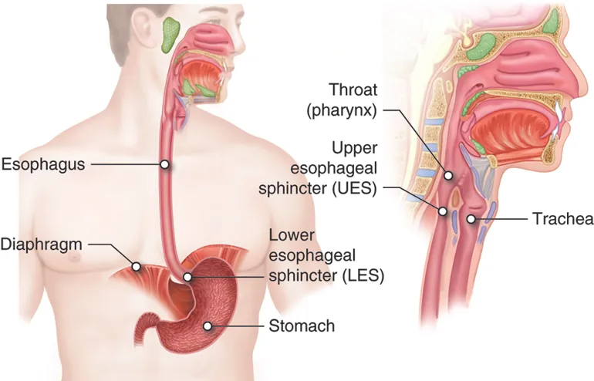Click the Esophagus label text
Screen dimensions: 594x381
[x=43, y=165]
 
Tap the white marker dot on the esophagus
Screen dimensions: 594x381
[x=164, y=164]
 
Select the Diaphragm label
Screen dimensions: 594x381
[x=42, y=244]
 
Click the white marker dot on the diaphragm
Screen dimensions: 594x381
[x=136, y=267]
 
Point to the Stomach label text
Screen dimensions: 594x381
[x=302, y=325]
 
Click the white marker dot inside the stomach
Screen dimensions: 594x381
[x=208, y=325]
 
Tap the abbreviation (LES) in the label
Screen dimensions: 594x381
[x=363, y=275]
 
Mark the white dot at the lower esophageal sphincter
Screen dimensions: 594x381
[x=187, y=277]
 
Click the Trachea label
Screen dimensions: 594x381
[x=563, y=219]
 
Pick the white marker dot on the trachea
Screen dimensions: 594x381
[x=471, y=218]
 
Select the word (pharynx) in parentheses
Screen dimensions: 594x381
[x=342, y=110]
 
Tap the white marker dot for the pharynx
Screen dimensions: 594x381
[x=448, y=176]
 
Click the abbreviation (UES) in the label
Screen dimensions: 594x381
[x=355, y=188]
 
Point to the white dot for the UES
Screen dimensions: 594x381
[x=443, y=211]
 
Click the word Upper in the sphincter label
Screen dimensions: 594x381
[x=355, y=148]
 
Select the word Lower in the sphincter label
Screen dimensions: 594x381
[x=292, y=235]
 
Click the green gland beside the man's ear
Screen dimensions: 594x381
[x=170, y=35]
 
